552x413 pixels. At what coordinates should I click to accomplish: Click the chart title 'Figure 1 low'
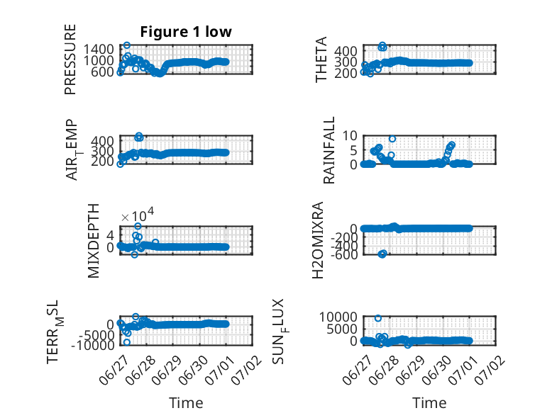[186, 32]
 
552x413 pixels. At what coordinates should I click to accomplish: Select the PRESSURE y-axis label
[70, 59]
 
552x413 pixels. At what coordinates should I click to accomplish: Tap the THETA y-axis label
[321, 60]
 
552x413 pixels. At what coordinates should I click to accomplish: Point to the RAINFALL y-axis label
[329, 150]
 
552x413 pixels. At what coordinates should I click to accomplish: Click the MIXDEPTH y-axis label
[93, 241]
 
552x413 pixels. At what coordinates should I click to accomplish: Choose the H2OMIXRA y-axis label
[318, 240]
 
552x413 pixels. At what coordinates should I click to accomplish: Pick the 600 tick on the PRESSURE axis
[104, 72]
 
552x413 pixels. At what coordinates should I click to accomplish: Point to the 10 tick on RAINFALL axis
[350, 135]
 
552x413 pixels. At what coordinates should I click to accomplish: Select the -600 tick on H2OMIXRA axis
[344, 254]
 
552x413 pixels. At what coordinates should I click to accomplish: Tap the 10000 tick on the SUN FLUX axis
[338, 317]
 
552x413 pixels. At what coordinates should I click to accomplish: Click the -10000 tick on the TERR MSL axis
[92, 345]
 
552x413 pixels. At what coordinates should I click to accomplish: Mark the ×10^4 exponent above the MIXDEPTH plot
[138, 215]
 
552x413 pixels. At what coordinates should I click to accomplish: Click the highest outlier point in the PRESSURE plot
[127, 45]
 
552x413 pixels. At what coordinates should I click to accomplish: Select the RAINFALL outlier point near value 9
[392, 139]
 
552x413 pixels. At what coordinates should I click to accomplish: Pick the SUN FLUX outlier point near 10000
[378, 319]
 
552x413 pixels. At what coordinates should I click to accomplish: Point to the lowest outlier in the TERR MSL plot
[127, 342]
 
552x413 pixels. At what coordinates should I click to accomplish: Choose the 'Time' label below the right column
[429, 403]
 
